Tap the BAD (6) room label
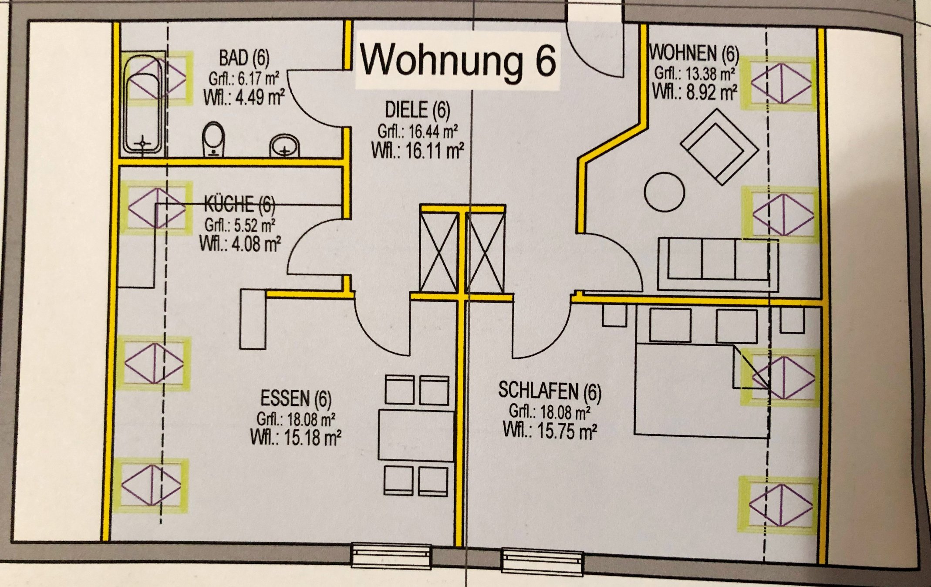pos(244,57)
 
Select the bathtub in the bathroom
pos(143,105)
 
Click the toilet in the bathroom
pos(213,138)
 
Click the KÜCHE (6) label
pos(239,204)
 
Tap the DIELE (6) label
pos(417,110)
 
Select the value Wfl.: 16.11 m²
pos(417,151)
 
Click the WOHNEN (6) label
pos(694,53)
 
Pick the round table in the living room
pos(664,192)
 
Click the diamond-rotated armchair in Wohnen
pos(719,146)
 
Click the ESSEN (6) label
pos(296,398)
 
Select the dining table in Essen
pos(416,434)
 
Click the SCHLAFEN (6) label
pos(550,391)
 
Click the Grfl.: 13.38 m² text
pos(695,74)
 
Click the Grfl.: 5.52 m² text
pos(239,225)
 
